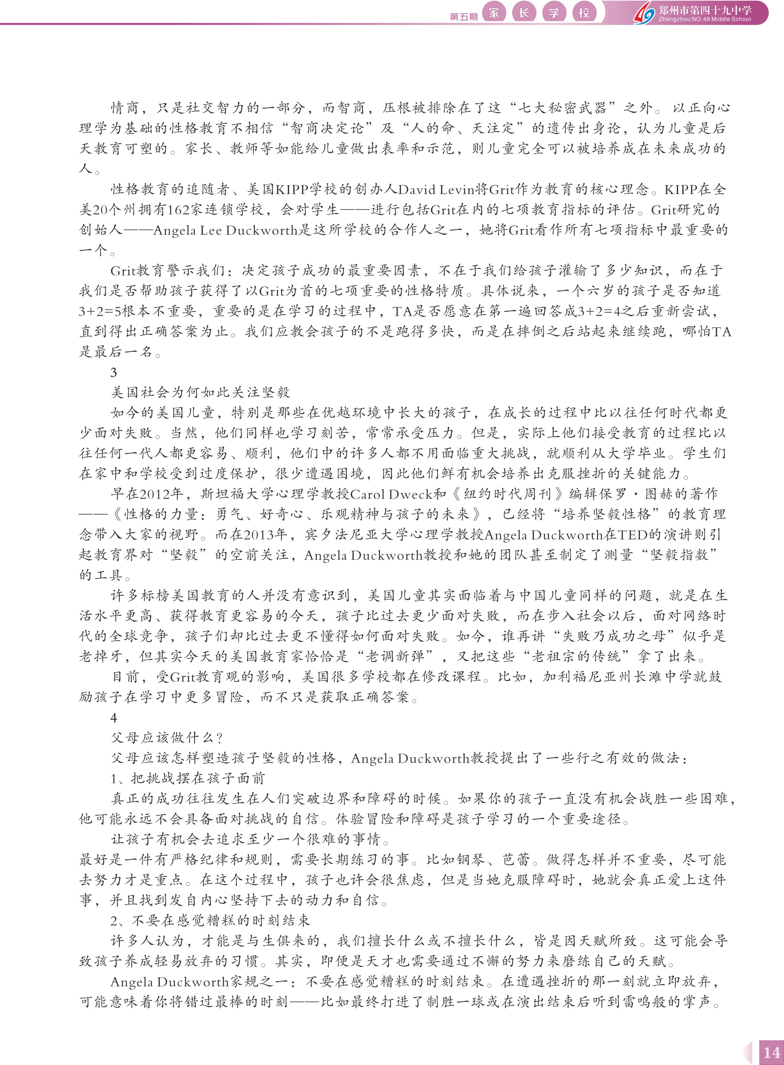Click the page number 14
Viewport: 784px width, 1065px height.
pyautogui.click(x=771, y=1052)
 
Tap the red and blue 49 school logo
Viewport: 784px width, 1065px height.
pyautogui.click(x=644, y=13)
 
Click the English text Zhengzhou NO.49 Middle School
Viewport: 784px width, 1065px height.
pyautogui.click(x=705, y=20)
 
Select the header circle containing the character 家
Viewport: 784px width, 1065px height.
pyautogui.click(x=494, y=13)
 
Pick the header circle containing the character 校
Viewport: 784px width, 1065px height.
pyautogui.click(x=584, y=13)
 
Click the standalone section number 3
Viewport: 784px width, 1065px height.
pyautogui.click(x=114, y=372)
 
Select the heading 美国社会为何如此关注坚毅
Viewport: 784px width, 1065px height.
pyautogui.click(x=200, y=392)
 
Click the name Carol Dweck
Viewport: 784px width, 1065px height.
pyautogui.click(x=398, y=494)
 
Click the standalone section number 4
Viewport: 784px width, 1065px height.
pyautogui.click(x=114, y=718)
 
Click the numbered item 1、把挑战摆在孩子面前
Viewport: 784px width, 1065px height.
pyautogui.click(x=188, y=778)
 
